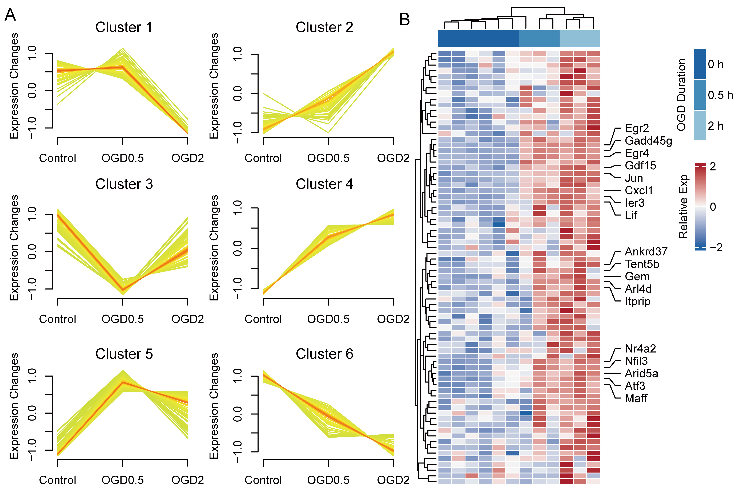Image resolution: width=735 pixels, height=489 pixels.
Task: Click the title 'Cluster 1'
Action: pyautogui.click(x=124, y=27)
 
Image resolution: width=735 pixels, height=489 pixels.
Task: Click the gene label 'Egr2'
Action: pyautogui.click(x=637, y=128)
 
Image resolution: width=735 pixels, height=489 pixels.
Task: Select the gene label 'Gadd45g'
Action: pyautogui.click(x=648, y=141)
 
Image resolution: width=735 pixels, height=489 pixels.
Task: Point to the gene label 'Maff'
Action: pyautogui.click(x=636, y=398)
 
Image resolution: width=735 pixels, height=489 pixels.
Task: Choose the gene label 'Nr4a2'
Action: pyautogui.click(x=640, y=349)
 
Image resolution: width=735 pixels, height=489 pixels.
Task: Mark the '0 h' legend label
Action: pyautogui.click(x=715, y=64)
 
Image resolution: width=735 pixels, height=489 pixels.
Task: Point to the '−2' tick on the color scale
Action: pyautogui.click(x=716, y=248)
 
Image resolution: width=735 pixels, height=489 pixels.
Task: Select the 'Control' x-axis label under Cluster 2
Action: pyautogui.click(x=263, y=158)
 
